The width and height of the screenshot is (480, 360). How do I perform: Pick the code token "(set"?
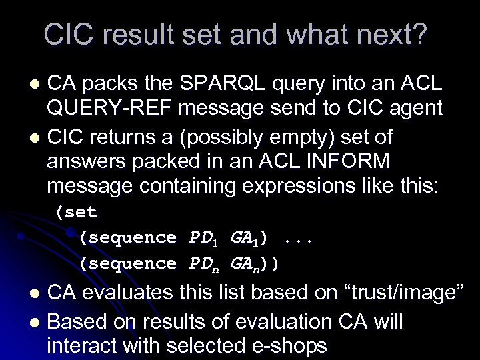coord(77,213)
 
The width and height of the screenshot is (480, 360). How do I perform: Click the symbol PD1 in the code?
coord(204,238)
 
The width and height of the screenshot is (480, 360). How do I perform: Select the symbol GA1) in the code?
coord(250,238)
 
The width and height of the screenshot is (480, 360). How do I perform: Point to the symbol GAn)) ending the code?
coord(255,263)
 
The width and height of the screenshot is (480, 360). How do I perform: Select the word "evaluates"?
coord(131,292)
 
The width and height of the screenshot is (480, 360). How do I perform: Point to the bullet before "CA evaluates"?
coord(38,293)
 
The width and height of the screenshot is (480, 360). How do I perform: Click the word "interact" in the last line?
coord(87,345)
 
